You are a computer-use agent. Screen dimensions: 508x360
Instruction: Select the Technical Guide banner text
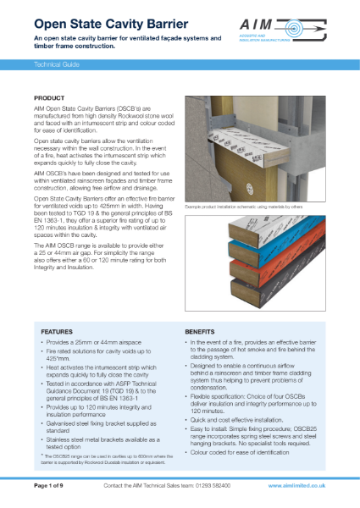coord(58,63)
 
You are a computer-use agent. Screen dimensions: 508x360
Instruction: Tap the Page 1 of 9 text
coord(54,487)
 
